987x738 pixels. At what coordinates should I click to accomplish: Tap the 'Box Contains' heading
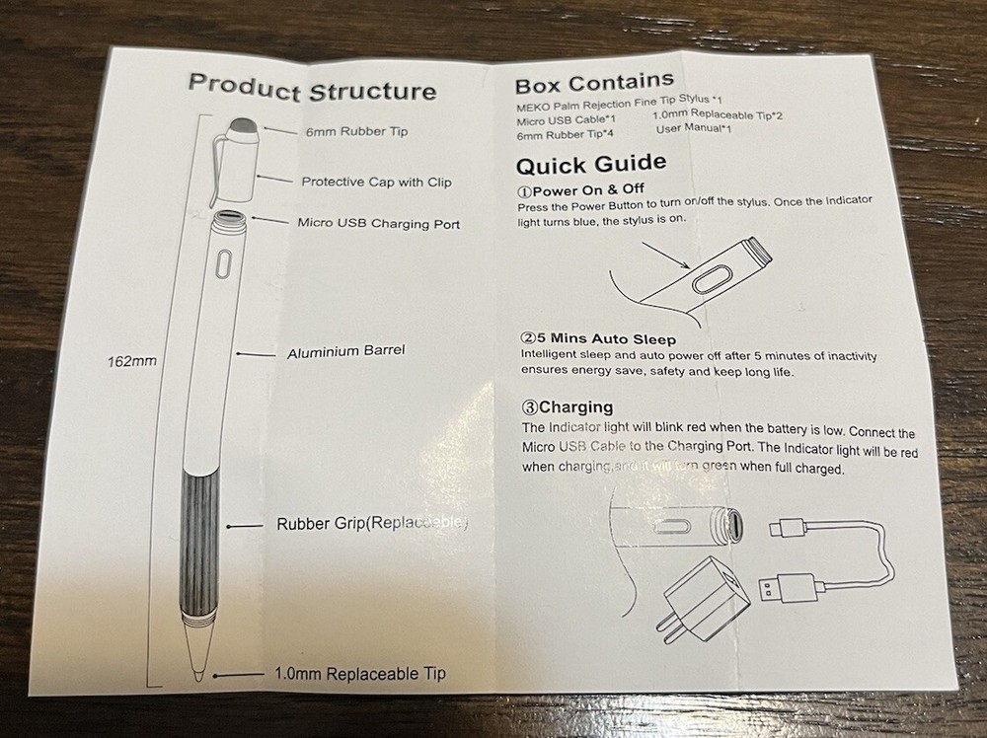[x=594, y=82]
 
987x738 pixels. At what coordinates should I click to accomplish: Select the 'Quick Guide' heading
[x=590, y=164]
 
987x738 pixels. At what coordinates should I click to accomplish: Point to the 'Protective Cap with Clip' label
[x=376, y=182]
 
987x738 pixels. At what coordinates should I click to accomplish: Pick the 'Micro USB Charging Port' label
[x=378, y=223]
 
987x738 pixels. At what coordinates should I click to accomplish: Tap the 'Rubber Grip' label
[x=371, y=524]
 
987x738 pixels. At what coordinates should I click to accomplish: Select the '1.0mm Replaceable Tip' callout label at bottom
[x=359, y=674]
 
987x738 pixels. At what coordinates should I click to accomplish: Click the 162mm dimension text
[x=131, y=360]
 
